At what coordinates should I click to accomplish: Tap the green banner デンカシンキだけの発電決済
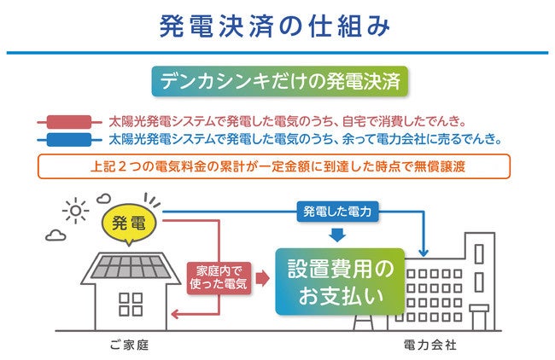click(x=277, y=83)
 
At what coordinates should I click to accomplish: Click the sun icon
click(x=75, y=210)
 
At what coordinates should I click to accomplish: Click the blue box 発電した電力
click(x=336, y=210)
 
